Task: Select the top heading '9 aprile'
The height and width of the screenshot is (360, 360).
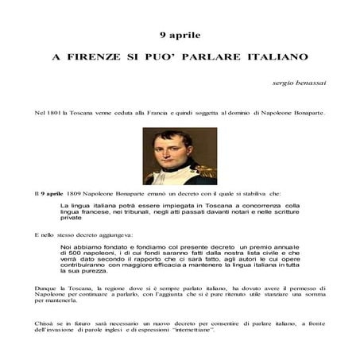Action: click(180, 35)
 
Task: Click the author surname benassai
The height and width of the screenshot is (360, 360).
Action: click(305, 83)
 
